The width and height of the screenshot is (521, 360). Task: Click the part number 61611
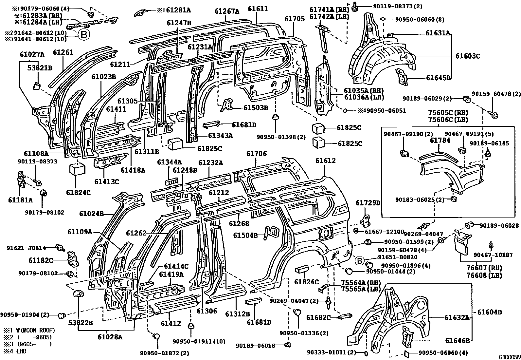258,9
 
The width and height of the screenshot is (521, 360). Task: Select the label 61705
294,19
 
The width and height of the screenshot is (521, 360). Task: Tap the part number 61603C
468,56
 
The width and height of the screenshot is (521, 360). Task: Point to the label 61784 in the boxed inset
440,141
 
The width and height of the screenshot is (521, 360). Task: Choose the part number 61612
325,161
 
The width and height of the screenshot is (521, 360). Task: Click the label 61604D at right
489,313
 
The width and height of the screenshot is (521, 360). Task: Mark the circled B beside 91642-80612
84,34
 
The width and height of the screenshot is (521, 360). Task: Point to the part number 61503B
256,107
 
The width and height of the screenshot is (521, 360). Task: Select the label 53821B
40,68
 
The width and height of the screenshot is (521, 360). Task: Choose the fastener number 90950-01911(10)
199,342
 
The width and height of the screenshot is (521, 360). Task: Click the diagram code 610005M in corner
509,357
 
